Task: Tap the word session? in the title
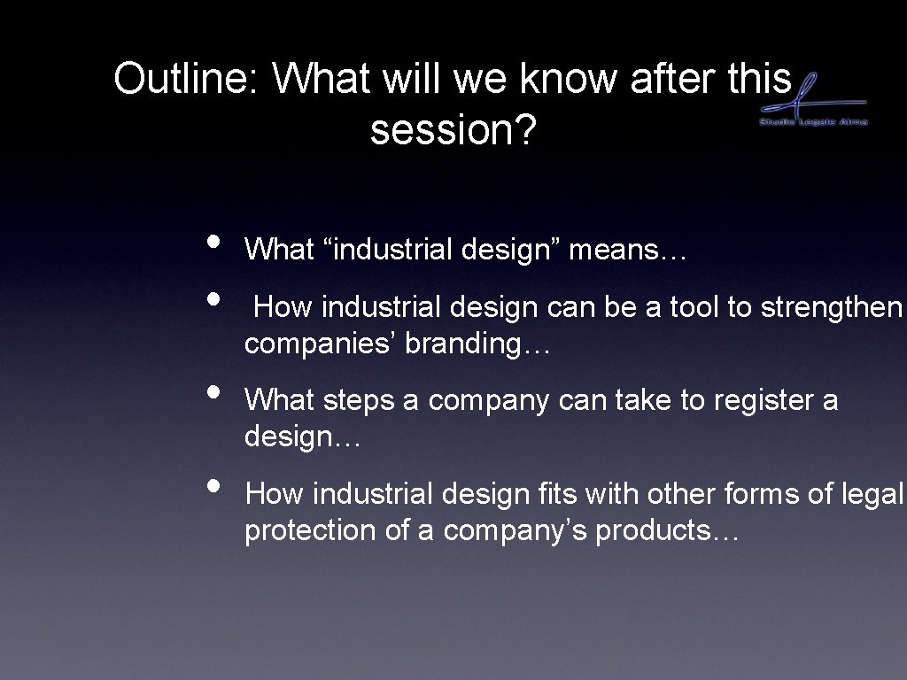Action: click(453, 131)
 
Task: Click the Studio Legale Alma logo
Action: click(813, 102)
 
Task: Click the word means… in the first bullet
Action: click(628, 251)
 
